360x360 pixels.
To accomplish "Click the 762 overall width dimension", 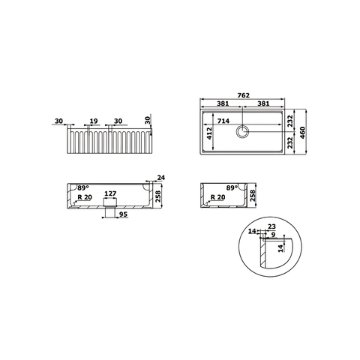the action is coord(243,95).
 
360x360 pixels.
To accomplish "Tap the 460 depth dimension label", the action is coord(302,133).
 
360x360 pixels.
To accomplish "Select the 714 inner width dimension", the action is coord(223,121).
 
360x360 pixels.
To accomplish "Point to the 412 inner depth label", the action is coord(209,133).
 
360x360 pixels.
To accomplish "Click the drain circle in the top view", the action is coord(242,131).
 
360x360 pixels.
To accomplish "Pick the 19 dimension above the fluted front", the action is coord(94,121).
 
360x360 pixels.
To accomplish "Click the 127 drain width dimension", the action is coord(110,193).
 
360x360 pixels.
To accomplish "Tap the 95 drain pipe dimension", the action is coord(123,214).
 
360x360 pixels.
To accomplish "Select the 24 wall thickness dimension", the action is coord(161,178).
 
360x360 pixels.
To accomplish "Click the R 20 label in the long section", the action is coord(85,197).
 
